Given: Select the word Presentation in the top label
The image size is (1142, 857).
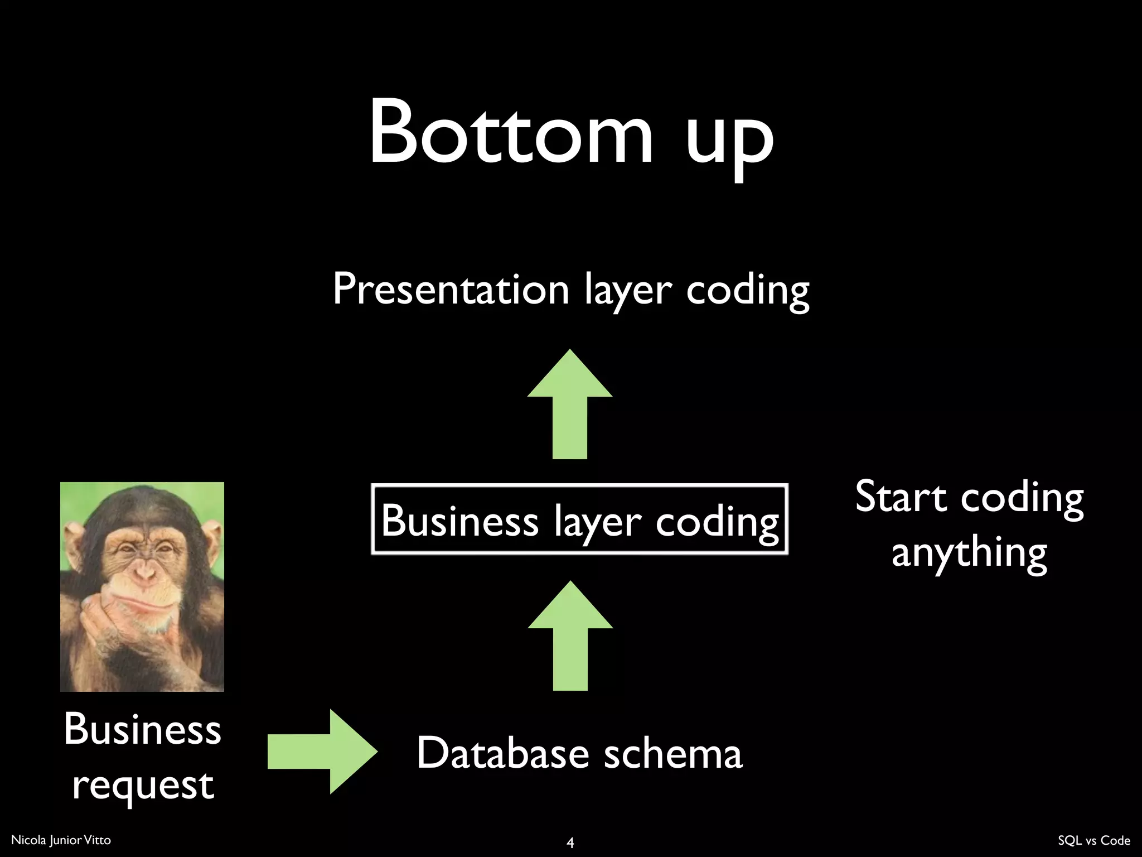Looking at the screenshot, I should pyautogui.click(x=451, y=290).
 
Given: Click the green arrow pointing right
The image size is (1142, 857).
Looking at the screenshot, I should pyautogui.click(x=322, y=752).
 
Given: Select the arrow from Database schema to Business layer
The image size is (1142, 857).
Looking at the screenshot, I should pyautogui.click(x=570, y=636).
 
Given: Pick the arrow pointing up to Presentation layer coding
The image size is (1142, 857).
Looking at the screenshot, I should pyautogui.click(x=570, y=405).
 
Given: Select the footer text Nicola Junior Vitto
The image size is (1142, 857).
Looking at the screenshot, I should pyautogui.click(x=61, y=840).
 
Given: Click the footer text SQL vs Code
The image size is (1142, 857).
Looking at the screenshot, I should pyautogui.click(x=1093, y=840).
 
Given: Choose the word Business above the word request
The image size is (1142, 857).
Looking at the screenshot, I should pyautogui.click(x=143, y=730).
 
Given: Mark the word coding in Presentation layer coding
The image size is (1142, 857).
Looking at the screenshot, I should pyautogui.click(x=747, y=290).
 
